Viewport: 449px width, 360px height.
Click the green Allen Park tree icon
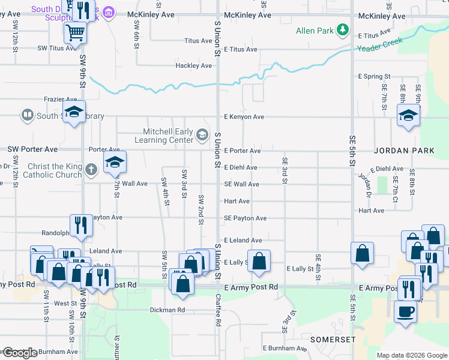pyautogui.click(x=342, y=29)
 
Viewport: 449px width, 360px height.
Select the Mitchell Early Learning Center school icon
pyautogui.click(x=202, y=136)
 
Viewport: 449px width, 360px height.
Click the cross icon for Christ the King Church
pyautogui.click(x=91, y=170)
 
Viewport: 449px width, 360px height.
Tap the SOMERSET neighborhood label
pyautogui.click(x=333, y=340)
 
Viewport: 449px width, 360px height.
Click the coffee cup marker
pyautogui.click(x=405, y=312)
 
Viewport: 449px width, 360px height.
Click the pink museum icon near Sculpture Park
pyautogui.click(x=109, y=11)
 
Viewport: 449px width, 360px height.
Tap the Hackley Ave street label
pyautogui.click(x=193, y=65)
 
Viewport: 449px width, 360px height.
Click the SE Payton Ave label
pyautogui.click(x=245, y=218)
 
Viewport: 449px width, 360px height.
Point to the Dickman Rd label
pyautogui.click(x=167, y=310)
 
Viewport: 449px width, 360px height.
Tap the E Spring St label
pyautogui.click(x=374, y=77)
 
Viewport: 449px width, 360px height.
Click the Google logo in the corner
pyautogui.click(x=20, y=353)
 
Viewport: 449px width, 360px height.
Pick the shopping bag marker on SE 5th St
pyautogui.click(x=363, y=253)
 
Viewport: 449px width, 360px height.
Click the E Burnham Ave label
pyautogui.click(x=284, y=348)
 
